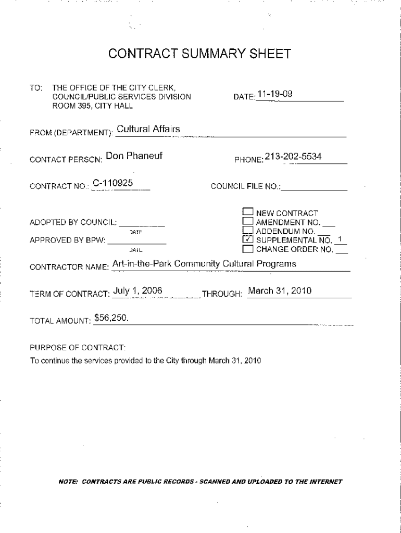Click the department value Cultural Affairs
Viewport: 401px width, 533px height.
(148, 129)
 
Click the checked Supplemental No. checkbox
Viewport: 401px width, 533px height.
(248, 240)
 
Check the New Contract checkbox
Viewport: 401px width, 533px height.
(248, 212)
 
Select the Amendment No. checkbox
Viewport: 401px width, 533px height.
(248, 222)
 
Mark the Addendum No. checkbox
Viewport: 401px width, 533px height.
(248, 231)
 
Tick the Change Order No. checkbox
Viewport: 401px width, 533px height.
(248, 249)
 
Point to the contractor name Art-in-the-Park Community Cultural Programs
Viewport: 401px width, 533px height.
(204, 264)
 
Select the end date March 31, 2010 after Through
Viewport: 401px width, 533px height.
(280, 290)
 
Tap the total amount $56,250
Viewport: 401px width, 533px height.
(111, 318)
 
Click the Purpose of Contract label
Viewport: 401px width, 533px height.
(78, 347)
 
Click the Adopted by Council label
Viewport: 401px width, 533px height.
(72, 223)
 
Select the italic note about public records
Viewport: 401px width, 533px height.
(200, 481)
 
